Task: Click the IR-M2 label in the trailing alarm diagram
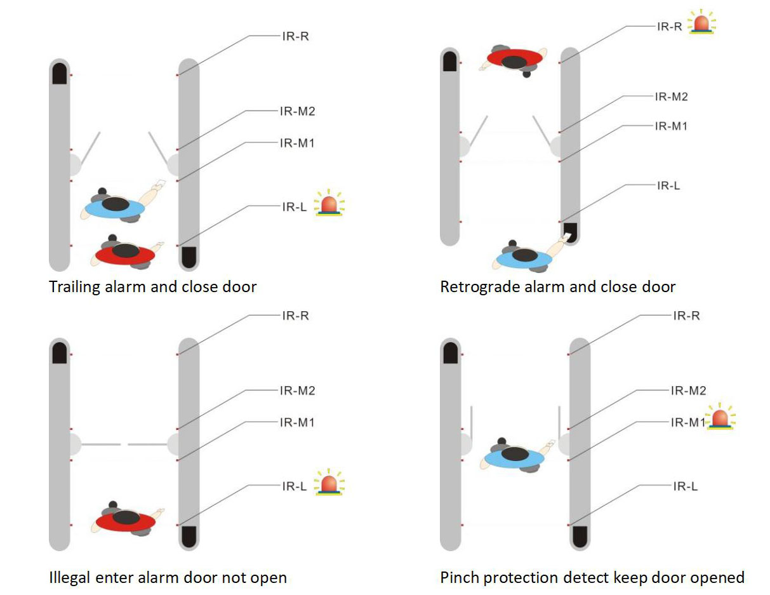(297, 111)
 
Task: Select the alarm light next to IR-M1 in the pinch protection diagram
(720, 417)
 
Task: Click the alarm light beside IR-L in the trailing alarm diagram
(329, 203)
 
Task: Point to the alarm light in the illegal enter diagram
(329, 482)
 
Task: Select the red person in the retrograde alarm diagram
(514, 60)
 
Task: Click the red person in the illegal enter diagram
(126, 519)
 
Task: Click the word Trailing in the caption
(74, 287)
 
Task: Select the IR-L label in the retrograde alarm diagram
(668, 185)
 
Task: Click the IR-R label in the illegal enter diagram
(296, 316)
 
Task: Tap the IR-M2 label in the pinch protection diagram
(689, 391)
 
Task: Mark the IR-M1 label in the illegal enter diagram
(297, 422)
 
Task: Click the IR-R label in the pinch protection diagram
(687, 316)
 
